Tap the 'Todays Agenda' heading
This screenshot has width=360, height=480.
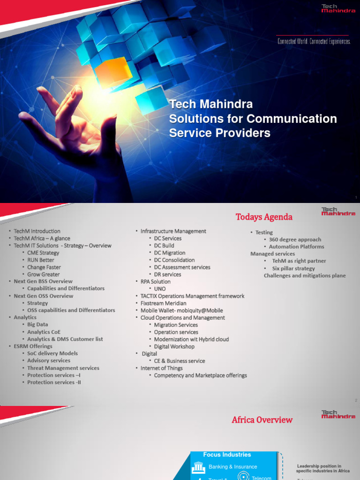tap(263, 217)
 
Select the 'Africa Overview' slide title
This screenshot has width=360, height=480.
tap(262, 420)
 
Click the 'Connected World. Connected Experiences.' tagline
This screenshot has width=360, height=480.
tap(314, 41)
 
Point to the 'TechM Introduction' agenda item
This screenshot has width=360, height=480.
tap(37, 231)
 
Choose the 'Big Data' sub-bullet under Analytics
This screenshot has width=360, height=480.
tap(37, 324)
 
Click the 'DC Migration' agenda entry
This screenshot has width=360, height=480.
tap(170, 253)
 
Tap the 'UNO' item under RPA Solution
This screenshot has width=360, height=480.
tap(160, 289)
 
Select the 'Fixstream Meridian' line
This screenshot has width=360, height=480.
tap(164, 303)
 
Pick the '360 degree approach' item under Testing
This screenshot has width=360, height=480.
tap(295, 240)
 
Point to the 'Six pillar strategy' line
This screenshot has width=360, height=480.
tap(293, 269)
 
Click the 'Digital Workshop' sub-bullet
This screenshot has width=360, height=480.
tap(174, 346)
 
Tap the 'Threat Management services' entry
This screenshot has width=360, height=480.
tap(63, 368)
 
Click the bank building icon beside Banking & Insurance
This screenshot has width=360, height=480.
tap(199, 467)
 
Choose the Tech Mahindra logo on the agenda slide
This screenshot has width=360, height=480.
tap(338, 212)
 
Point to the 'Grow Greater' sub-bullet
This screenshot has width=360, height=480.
tap(44, 274)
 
